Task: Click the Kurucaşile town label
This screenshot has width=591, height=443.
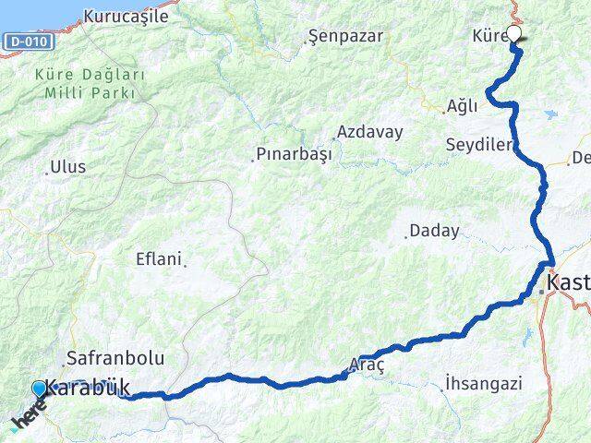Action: pos(126,16)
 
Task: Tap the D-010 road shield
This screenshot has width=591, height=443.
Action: pos(27,42)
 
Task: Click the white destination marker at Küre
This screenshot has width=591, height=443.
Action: pos(513,35)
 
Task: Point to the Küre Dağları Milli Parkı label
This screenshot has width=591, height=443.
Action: pos(84,82)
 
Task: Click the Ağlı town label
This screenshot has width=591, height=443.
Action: pos(461,107)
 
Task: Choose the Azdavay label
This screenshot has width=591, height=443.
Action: pos(369,132)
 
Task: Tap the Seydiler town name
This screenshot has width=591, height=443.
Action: pos(477,145)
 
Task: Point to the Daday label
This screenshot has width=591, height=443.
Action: pos(434,231)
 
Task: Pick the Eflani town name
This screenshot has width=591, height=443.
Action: pos(158,259)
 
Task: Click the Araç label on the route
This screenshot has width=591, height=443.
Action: pos(367,365)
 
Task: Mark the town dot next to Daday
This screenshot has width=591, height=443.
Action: pos(405,237)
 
